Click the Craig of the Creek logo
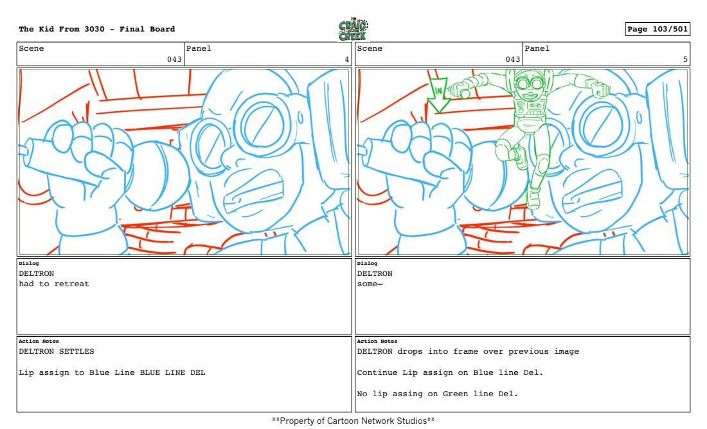point(353,30)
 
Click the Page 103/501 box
point(658,29)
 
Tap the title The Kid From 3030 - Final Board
point(97,29)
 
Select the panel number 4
point(346,59)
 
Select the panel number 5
point(685,59)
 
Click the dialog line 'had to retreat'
point(54,284)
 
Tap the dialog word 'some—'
point(370,284)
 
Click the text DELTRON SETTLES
point(57,351)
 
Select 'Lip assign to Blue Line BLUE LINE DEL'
point(112,372)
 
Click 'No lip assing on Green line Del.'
point(437,394)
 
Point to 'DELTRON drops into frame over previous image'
point(468,351)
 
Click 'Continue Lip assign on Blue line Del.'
point(450,372)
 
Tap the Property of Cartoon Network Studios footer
point(353,421)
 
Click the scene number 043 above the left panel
point(174,59)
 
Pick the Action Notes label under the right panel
point(377,341)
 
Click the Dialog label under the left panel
point(29,263)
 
